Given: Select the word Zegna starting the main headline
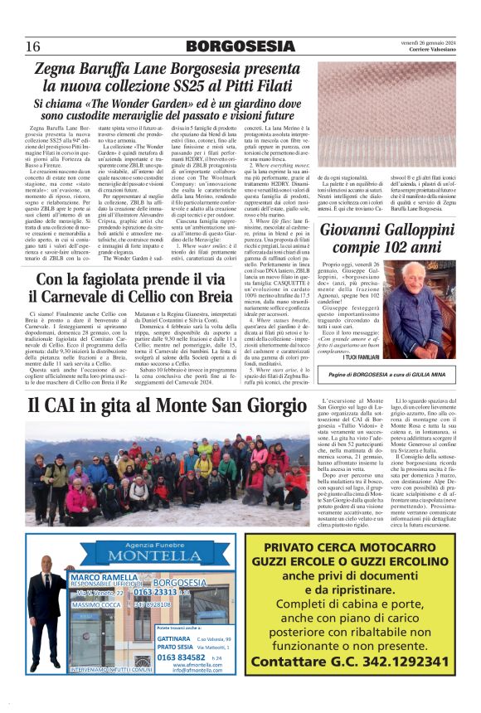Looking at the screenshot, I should click(65, 70).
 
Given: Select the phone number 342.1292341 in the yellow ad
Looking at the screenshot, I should click(395, 661).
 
